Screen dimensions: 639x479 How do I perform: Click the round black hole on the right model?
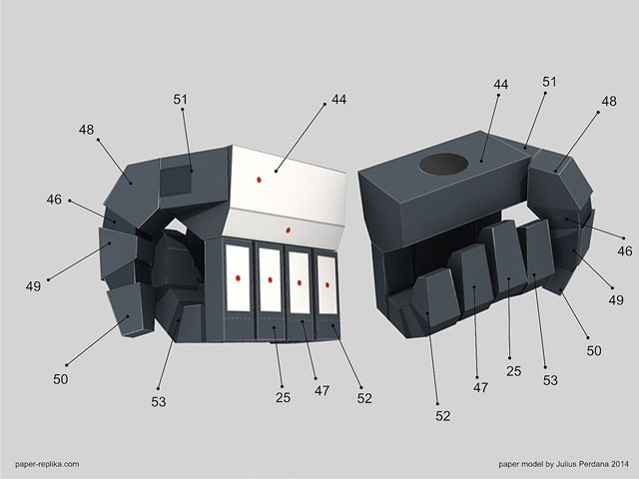coord(443,164)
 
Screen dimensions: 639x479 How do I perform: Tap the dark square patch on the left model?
coord(176,181)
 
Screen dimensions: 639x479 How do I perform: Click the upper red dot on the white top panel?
coord(259,180)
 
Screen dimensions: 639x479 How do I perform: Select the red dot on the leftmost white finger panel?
coord(238,278)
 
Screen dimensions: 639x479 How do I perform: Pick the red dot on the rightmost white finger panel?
coord(327,284)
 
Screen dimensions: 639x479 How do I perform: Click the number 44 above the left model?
coord(339,99)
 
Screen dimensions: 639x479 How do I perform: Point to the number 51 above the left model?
coord(180,99)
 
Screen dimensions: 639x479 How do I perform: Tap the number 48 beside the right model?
coord(609,101)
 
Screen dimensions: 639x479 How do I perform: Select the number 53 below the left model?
coord(159,402)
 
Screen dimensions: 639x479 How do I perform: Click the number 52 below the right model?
coord(443,416)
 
